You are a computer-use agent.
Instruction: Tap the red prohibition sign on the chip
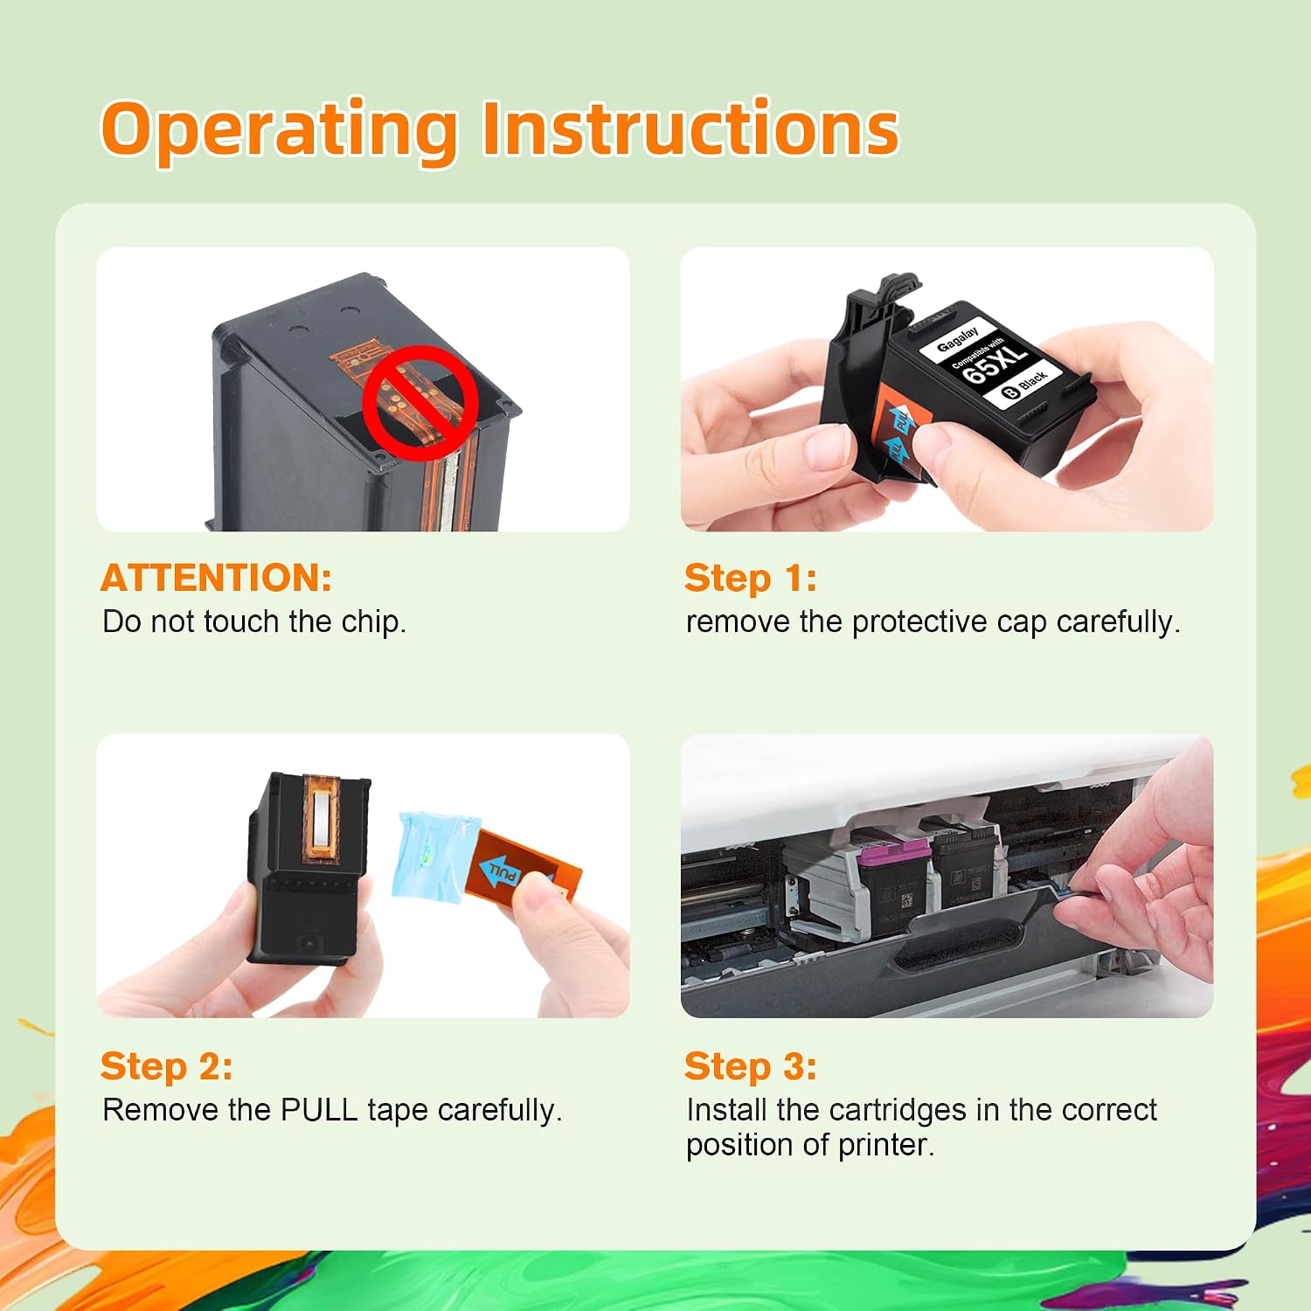pyautogui.click(x=420, y=402)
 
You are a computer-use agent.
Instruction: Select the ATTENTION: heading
pyautogui.click(x=217, y=578)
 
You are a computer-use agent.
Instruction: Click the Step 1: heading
pyautogui.click(x=751, y=578)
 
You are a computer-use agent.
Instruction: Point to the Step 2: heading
pyautogui.click(x=167, y=1066)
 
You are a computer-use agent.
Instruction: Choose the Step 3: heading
pyautogui.click(x=751, y=1066)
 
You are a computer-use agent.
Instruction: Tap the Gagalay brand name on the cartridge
pyautogui.click(x=958, y=337)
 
